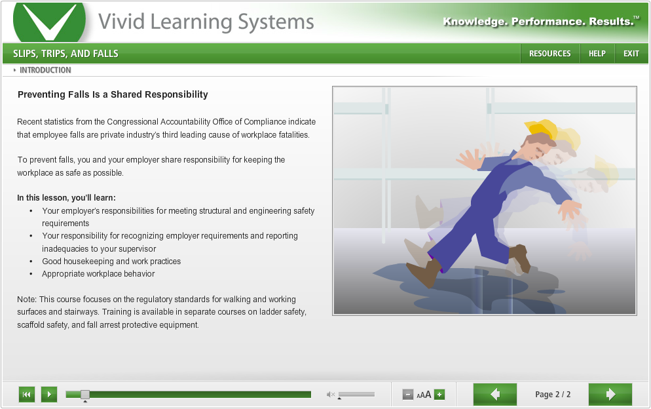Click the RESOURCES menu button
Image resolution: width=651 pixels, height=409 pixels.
click(x=549, y=54)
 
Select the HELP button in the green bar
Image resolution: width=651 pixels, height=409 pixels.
click(x=597, y=54)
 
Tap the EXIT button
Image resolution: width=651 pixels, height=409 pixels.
click(x=631, y=54)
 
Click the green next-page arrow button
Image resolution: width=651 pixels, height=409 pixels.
click(x=610, y=394)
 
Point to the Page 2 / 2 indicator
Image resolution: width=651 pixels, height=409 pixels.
click(x=553, y=395)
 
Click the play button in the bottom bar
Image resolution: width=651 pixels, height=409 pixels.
click(x=49, y=394)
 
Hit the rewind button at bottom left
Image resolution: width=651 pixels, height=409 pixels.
click(x=27, y=394)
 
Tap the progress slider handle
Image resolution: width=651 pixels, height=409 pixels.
click(x=85, y=394)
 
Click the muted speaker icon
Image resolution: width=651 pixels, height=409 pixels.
click(x=331, y=394)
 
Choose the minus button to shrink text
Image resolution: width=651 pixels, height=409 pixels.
click(x=408, y=395)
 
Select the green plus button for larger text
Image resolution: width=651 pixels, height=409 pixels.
click(x=439, y=395)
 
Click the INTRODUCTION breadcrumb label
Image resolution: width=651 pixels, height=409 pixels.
click(x=45, y=70)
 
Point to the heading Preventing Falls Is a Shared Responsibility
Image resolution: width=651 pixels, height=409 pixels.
click(x=113, y=94)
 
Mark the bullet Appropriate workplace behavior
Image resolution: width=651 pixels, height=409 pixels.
click(x=98, y=274)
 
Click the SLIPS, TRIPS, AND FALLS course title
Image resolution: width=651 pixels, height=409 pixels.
click(x=65, y=54)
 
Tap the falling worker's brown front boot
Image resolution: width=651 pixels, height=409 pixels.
click(x=425, y=273)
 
